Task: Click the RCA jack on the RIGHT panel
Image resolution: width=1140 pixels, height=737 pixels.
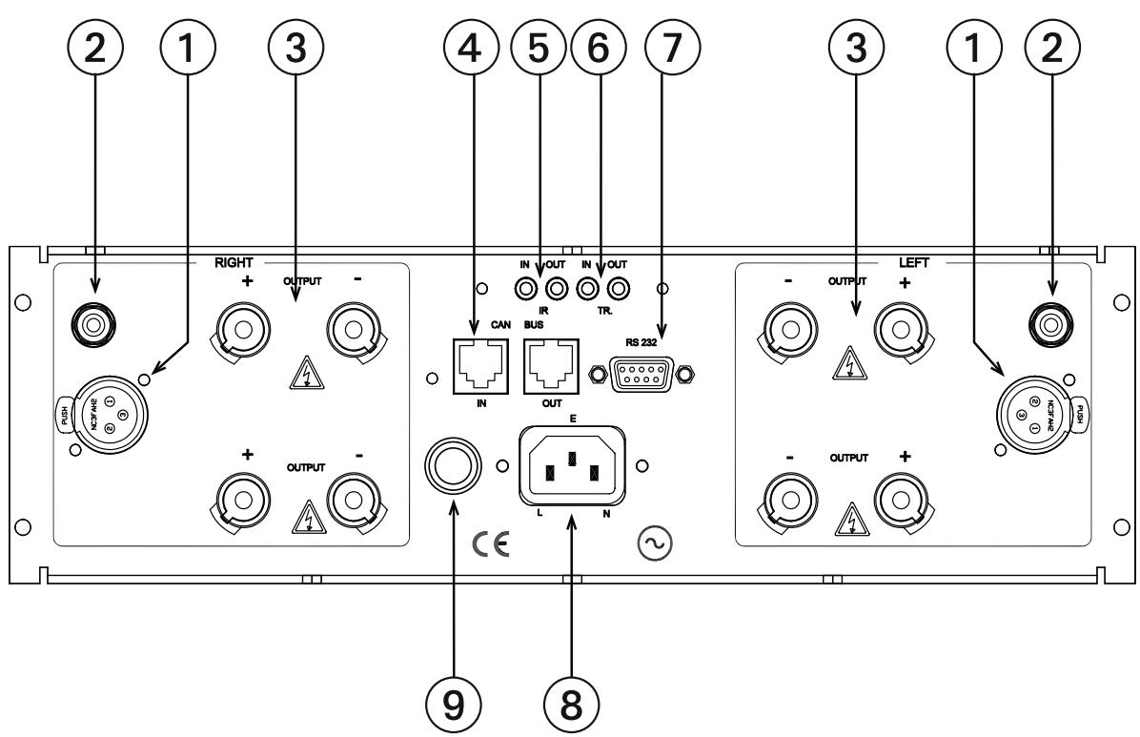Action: pos(92,326)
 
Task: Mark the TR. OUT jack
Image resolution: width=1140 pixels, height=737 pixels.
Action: pos(621,287)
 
